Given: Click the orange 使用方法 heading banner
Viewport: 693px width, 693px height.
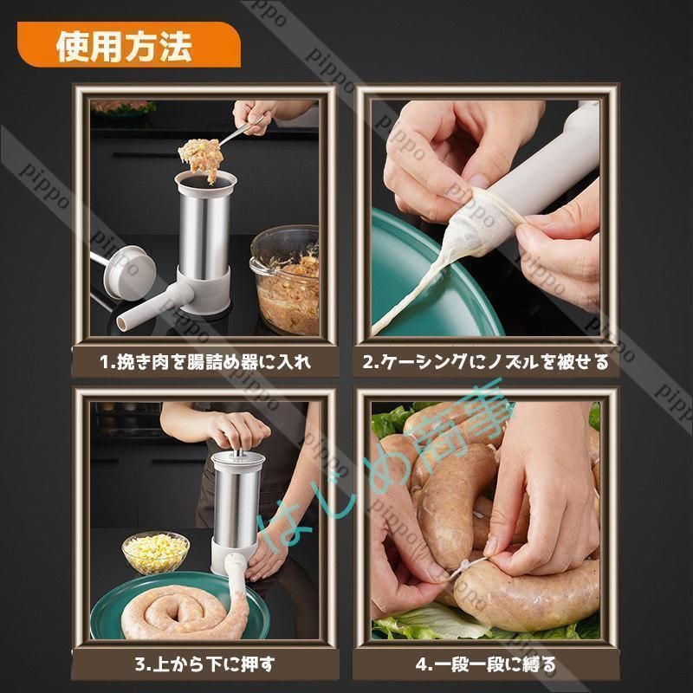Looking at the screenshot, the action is pyautogui.click(x=128, y=45).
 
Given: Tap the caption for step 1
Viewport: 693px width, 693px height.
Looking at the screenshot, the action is pyautogui.click(x=205, y=362).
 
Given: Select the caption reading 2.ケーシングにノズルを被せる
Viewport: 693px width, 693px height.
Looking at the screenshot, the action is pyautogui.click(x=486, y=362).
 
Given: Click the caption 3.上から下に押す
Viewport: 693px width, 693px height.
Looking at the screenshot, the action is pyautogui.click(x=204, y=664).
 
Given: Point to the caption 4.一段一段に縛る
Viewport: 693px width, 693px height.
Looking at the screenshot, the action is pyautogui.click(x=486, y=664).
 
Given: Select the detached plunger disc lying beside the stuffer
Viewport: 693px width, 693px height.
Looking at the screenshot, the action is pyautogui.click(x=128, y=273).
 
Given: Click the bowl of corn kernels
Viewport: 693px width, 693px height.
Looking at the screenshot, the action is pyautogui.click(x=156, y=552).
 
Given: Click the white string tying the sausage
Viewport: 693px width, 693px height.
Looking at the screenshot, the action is pyautogui.click(x=466, y=567).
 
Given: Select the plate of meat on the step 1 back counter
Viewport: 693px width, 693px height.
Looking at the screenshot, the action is pyautogui.click(x=123, y=107).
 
